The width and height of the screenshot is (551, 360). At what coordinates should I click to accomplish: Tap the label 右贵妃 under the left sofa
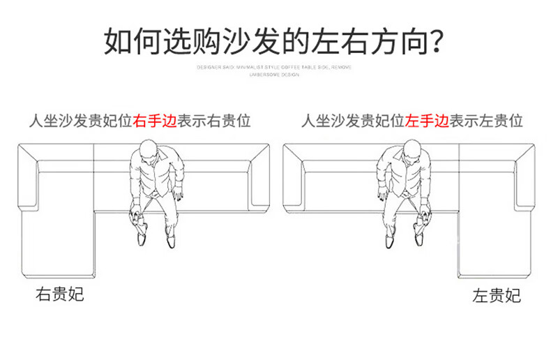tap(60, 294)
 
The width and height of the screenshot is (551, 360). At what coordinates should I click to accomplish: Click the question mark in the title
tap(437, 41)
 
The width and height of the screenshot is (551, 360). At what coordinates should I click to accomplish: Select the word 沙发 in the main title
tap(245, 41)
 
